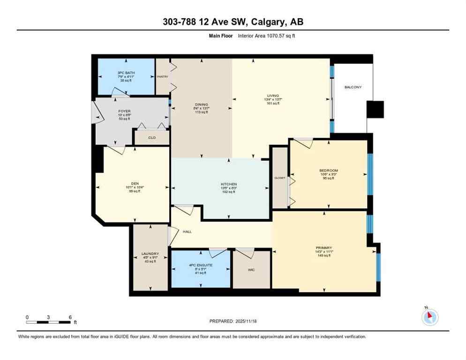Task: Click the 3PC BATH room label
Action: [124, 73]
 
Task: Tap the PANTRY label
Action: [162, 76]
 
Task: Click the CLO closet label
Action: [151, 138]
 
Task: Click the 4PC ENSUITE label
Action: [201, 265]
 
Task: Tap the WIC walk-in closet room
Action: [251, 270]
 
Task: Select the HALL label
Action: [188, 232]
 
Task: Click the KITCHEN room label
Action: [229, 184]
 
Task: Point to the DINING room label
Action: [202, 105]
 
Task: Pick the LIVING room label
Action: [272, 96]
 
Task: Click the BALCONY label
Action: [353, 87]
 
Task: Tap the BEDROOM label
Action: [328, 171]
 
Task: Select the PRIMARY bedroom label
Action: [324, 247]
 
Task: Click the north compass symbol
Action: [429, 317]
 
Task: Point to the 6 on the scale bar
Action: [70, 317]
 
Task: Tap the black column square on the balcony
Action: [375, 110]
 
